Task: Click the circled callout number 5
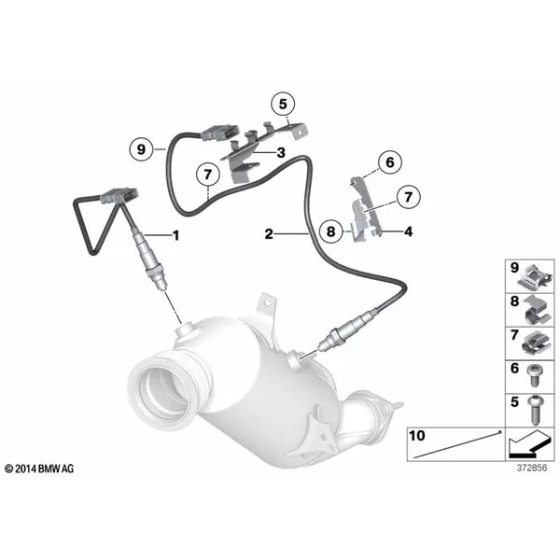283,105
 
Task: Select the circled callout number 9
142,149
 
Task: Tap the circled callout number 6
390,162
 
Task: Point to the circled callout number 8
331,231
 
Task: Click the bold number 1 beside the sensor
175,235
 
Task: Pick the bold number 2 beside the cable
269,234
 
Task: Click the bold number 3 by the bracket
281,152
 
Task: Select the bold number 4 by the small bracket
408,231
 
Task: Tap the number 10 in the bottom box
417,436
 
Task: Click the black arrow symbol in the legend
527,444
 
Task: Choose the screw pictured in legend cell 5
535,410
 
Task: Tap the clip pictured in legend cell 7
537,344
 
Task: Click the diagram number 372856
532,468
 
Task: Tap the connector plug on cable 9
219,133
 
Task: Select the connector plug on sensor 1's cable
119,196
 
